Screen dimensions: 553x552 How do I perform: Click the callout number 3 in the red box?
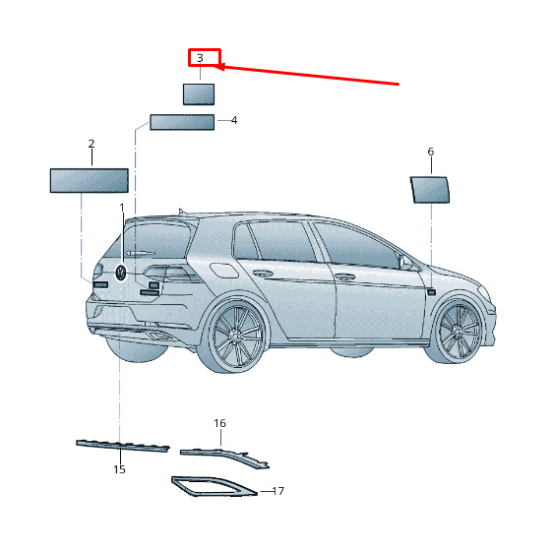click(x=200, y=57)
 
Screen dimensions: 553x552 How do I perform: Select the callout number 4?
click(x=234, y=120)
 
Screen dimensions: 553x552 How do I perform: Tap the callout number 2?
click(x=92, y=144)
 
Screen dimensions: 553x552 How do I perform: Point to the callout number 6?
click(x=431, y=152)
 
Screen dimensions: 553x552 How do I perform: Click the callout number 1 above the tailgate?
click(x=122, y=208)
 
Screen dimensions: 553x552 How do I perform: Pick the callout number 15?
click(x=120, y=469)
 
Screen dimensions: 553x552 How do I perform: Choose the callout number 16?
click(x=220, y=423)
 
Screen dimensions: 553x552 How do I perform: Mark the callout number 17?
click(x=278, y=491)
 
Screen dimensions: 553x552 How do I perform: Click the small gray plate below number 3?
click(x=199, y=94)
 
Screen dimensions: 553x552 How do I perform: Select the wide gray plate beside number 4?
click(x=182, y=122)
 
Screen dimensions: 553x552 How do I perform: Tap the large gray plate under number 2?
click(x=90, y=181)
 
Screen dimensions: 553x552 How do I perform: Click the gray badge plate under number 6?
click(x=430, y=190)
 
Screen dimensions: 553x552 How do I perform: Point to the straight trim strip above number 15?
click(x=123, y=446)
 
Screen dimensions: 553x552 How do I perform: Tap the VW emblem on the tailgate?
click(x=121, y=273)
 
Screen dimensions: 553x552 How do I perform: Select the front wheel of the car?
click(x=458, y=332)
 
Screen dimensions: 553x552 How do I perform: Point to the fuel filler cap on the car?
click(x=224, y=271)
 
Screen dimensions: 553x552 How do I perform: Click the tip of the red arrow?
click(x=215, y=66)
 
